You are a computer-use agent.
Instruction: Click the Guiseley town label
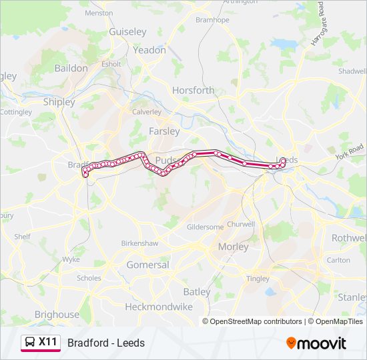tap(127, 32)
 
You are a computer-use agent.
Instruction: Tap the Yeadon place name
tap(149, 50)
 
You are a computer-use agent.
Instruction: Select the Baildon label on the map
tap(71, 68)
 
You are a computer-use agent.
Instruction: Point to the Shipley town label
tap(59, 102)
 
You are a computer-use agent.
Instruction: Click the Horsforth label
tap(194, 90)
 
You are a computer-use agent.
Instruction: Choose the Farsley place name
tap(164, 131)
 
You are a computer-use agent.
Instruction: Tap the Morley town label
tap(234, 247)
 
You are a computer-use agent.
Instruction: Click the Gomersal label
tap(147, 265)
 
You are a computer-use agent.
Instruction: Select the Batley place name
tap(197, 292)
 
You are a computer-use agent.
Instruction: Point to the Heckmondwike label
tap(159, 307)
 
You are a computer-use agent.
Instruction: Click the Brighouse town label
tap(57, 315)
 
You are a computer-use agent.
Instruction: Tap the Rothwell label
tap(349, 238)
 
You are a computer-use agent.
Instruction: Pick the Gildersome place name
tap(206, 227)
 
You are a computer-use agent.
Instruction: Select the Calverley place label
tap(147, 112)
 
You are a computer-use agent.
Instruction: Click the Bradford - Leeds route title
tap(106, 343)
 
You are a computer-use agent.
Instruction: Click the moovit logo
tap(316, 343)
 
